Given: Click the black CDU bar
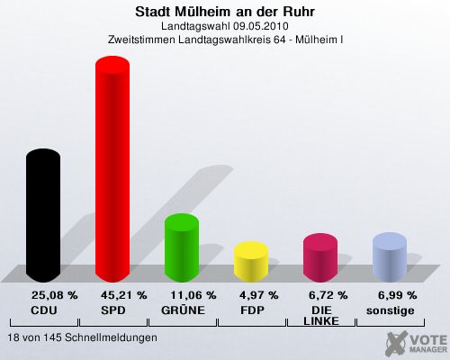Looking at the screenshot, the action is [x=43, y=215].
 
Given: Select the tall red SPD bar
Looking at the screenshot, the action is [x=112, y=169].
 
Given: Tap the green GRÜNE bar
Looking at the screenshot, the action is [x=182, y=247].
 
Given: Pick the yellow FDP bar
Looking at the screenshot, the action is [x=251, y=262].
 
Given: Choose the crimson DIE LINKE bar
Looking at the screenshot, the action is [x=320, y=257].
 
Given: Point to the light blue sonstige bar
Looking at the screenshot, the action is [x=390, y=257].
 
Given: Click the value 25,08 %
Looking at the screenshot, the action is [x=55, y=295].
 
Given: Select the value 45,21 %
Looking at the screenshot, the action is [x=124, y=295].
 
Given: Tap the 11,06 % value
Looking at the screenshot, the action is [x=193, y=295].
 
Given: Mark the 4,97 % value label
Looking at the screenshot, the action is [x=259, y=295].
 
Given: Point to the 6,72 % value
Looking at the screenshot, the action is [x=328, y=295].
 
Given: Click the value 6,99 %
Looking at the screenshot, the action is [x=398, y=295].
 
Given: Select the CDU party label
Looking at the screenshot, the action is [x=44, y=310].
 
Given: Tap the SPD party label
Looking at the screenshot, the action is [x=113, y=310].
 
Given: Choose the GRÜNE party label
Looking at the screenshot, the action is [x=183, y=310].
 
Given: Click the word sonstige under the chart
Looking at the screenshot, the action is [x=391, y=310].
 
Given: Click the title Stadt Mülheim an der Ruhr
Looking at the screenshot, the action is [x=225, y=12].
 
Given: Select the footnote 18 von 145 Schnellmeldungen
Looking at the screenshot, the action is [x=83, y=337].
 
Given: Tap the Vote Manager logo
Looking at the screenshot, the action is [x=417, y=343].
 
